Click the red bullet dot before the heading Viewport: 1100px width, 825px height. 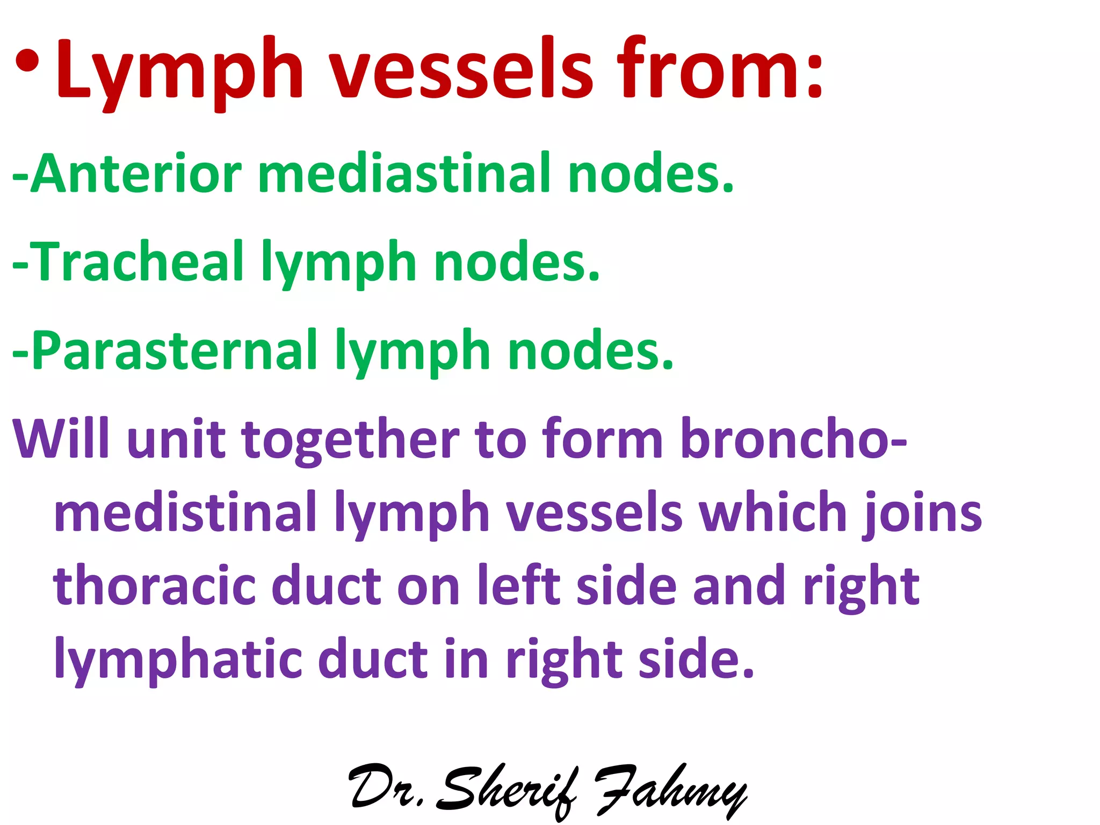coord(27,61)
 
